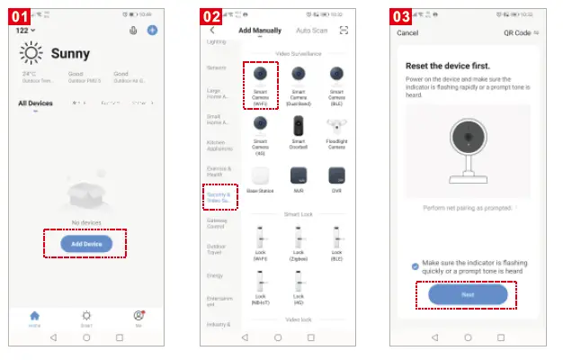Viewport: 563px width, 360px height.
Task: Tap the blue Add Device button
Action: pyautogui.click(x=86, y=243)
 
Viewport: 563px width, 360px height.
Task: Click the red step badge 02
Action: pyautogui.click(x=211, y=16)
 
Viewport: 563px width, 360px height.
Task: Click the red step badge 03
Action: pyautogui.click(x=402, y=16)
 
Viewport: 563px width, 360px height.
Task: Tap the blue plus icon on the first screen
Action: pyautogui.click(x=152, y=31)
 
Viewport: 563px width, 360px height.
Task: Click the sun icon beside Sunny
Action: pyautogui.click(x=32, y=54)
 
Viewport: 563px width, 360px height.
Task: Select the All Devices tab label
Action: pyautogui.click(x=36, y=103)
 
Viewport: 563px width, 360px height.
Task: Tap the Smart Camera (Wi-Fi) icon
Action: pyautogui.click(x=260, y=74)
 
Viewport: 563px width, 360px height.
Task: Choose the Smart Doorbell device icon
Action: pyautogui.click(x=299, y=126)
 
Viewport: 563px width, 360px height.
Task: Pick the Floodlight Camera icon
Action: pyautogui.click(x=337, y=126)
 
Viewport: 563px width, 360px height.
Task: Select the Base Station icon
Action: pyautogui.click(x=260, y=175)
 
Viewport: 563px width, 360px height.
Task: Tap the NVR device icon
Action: pyautogui.click(x=299, y=175)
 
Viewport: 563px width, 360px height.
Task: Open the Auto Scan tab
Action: pyautogui.click(x=310, y=31)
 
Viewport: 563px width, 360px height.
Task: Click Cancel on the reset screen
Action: pyautogui.click(x=408, y=33)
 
